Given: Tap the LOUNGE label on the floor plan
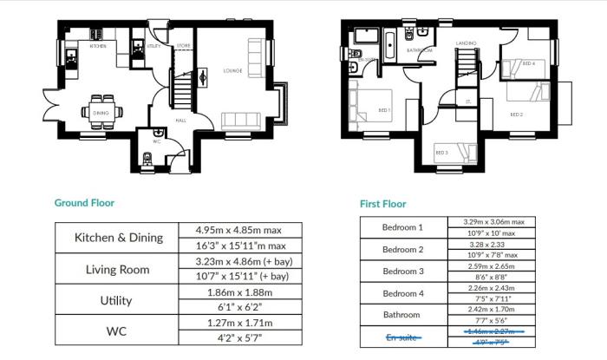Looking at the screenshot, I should (232, 71).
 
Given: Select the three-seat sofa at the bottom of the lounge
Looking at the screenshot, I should (249, 121).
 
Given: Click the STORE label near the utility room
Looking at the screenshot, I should (183, 45).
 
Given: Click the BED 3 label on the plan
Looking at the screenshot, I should (441, 153).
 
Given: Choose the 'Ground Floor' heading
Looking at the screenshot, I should (84, 203).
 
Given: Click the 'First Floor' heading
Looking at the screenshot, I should (382, 204).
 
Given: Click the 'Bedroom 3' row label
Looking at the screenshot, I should (403, 271).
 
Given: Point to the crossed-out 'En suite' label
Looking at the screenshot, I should (403, 336).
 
